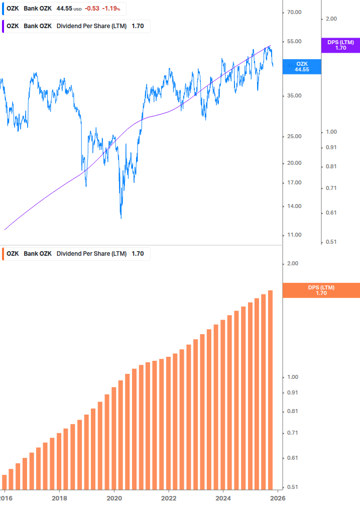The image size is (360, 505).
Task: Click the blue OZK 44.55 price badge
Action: click(x=302, y=66)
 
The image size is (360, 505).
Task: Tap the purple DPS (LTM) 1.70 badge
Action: click(x=340, y=45)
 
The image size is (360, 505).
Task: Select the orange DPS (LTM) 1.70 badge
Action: click(x=321, y=290)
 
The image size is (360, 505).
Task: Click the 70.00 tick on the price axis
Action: click(x=294, y=12)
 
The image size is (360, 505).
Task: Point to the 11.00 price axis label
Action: click(x=294, y=235)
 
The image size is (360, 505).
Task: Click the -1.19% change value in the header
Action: click(x=111, y=9)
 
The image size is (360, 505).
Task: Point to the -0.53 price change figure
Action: click(x=91, y=9)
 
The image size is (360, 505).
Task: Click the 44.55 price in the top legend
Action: click(x=64, y=9)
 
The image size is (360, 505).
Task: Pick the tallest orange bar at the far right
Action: click(x=270, y=389)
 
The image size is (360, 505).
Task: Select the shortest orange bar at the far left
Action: click(x=5, y=481)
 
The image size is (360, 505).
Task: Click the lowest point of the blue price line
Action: click(x=121, y=218)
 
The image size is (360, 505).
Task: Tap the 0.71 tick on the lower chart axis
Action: click(x=292, y=433)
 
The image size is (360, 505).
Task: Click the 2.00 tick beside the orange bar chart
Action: click(x=292, y=263)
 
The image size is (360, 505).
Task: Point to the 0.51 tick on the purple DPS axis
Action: click(x=331, y=242)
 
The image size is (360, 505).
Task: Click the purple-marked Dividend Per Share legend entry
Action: click(x=75, y=26)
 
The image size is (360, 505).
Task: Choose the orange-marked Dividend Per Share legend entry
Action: click(x=75, y=254)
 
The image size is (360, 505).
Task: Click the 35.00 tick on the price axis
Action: click(x=294, y=95)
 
